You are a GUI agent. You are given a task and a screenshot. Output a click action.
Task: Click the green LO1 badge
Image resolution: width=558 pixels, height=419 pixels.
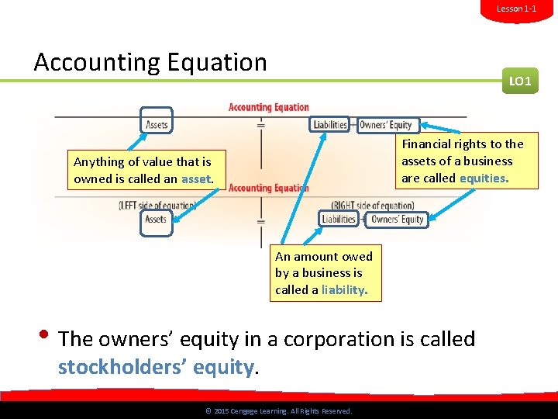click(519, 80)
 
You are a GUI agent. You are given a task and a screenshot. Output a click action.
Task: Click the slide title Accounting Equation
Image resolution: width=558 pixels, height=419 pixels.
click(150, 62)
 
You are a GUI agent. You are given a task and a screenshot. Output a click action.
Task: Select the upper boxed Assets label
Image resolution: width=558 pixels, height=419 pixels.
click(157, 124)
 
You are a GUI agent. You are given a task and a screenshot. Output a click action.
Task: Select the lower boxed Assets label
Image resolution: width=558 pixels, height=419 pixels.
click(156, 220)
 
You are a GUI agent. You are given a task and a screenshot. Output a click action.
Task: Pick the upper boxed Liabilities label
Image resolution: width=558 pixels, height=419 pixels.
click(330, 124)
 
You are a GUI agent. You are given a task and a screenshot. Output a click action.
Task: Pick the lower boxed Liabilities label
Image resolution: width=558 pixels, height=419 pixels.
click(338, 220)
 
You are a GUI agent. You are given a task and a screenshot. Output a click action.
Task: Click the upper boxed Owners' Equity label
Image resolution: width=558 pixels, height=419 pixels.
click(387, 125)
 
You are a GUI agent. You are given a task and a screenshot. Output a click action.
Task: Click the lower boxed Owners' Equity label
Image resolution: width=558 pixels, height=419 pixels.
click(397, 220)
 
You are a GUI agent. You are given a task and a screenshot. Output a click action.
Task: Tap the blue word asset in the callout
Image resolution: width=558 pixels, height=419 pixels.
click(195, 179)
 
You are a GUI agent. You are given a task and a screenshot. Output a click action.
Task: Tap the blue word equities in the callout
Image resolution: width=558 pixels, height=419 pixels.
click(483, 178)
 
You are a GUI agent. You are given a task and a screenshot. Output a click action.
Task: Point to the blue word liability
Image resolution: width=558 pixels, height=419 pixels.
click(343, 289)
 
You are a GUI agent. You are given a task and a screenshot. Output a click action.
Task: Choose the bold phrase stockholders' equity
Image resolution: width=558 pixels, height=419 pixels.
click(156, 366)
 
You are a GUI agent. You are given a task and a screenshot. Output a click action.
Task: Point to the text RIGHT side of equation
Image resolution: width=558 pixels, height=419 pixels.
click(372, 206)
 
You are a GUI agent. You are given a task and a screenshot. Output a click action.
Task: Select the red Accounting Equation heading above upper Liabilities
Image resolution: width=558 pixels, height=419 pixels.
click(268, 107)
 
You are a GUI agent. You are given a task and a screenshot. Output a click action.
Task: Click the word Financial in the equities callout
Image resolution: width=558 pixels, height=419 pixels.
click(426, 144)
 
